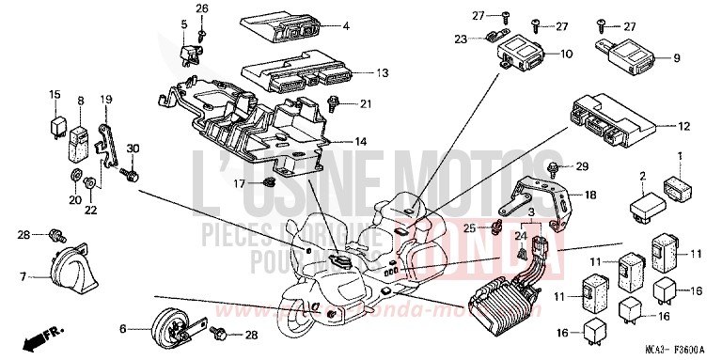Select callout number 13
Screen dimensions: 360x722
tap(356, 72)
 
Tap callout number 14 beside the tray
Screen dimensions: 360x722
tap(361, 141)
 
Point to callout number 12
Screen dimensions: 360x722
tap(683, 124)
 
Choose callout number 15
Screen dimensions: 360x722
tap(55, 95)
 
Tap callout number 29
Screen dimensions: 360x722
tap(581, 166)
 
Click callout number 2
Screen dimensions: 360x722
tap(642, 176)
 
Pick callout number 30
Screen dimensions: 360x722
tap(133, 149)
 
